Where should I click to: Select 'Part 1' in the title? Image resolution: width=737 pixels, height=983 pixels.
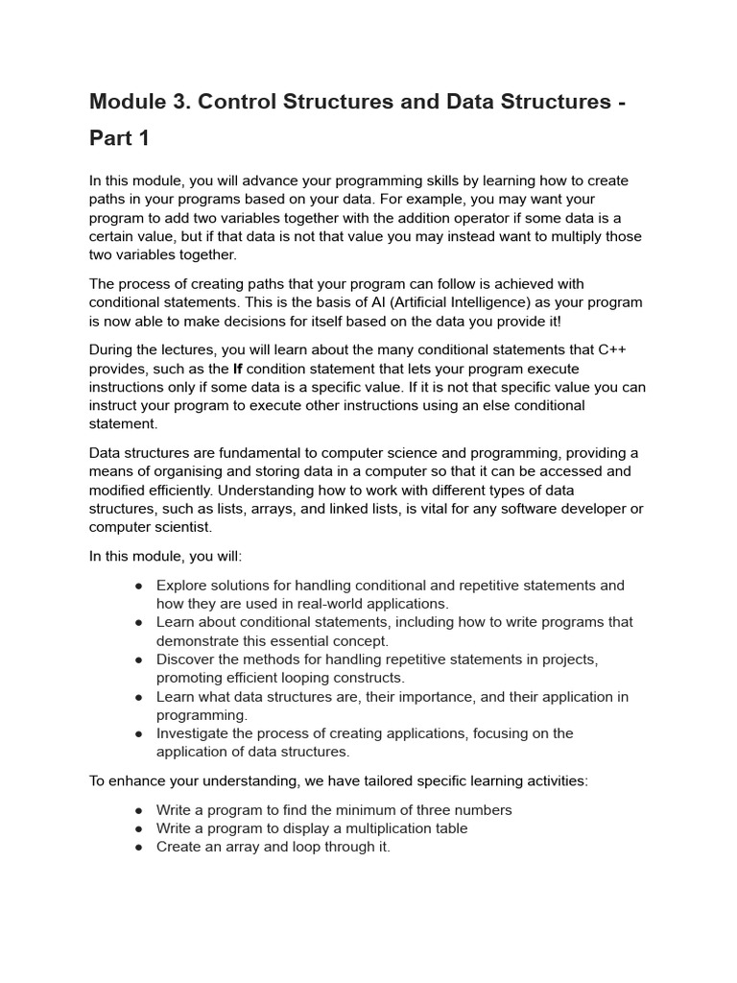[x=120, y=138]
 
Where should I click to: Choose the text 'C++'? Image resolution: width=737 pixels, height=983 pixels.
[x=615, y=348]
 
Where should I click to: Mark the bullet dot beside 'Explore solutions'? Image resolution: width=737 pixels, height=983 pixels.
[x=139, y=586]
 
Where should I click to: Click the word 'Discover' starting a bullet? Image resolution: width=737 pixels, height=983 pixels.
[x=186, y=659]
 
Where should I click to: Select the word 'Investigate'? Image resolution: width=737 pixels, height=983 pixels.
[x=196, y=733]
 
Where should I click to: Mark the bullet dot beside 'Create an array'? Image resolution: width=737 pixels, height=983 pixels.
[x=139, y=848]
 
